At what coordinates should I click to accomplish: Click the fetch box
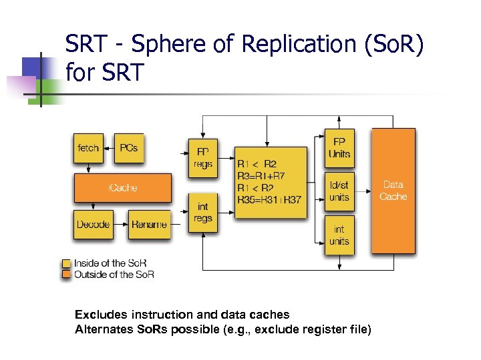tap(89, 148)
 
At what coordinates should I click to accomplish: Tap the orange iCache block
tap(122, 187)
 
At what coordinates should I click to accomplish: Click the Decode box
tap(94, 225)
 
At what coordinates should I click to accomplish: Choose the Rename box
tap(149, 225)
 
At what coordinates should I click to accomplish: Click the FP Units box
tap(339, 148)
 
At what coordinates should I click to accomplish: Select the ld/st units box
tap(339, 191)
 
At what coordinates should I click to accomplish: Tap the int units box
tap(339, 235)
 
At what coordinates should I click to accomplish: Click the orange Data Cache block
tap(393, 191)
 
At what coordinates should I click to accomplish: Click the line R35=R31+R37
tap(269, 200)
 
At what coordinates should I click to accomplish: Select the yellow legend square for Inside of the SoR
tap(66, 263)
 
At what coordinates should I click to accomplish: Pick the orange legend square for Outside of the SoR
tap(66, 274)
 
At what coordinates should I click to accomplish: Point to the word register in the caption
tap(315, 329)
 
